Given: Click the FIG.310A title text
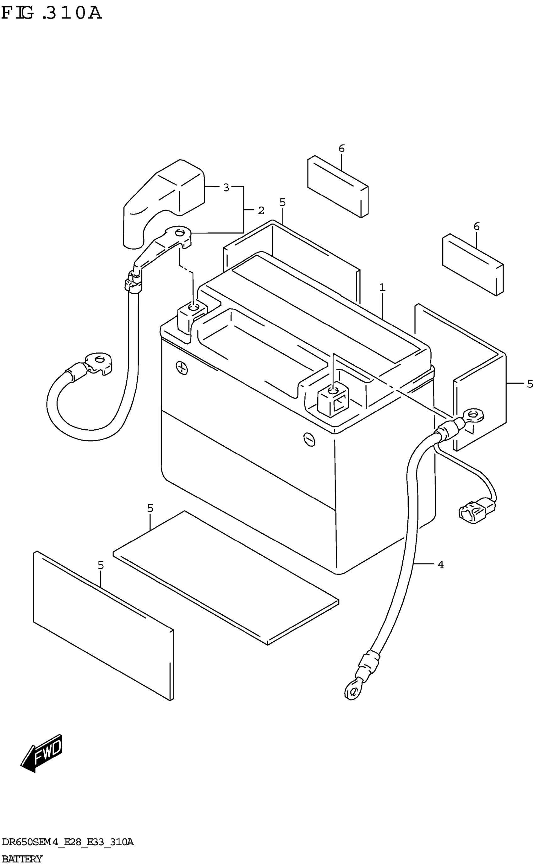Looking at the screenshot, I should click(51, 14).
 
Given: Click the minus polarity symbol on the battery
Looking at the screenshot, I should click(309, 439).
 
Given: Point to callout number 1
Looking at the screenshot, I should click(382, 288).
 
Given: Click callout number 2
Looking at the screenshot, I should click(261, 210).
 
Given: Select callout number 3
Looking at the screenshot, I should click(226, 187).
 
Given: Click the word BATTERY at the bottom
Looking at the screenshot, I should click(22, 859).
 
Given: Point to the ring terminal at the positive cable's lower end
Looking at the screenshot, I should click(100, 362).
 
